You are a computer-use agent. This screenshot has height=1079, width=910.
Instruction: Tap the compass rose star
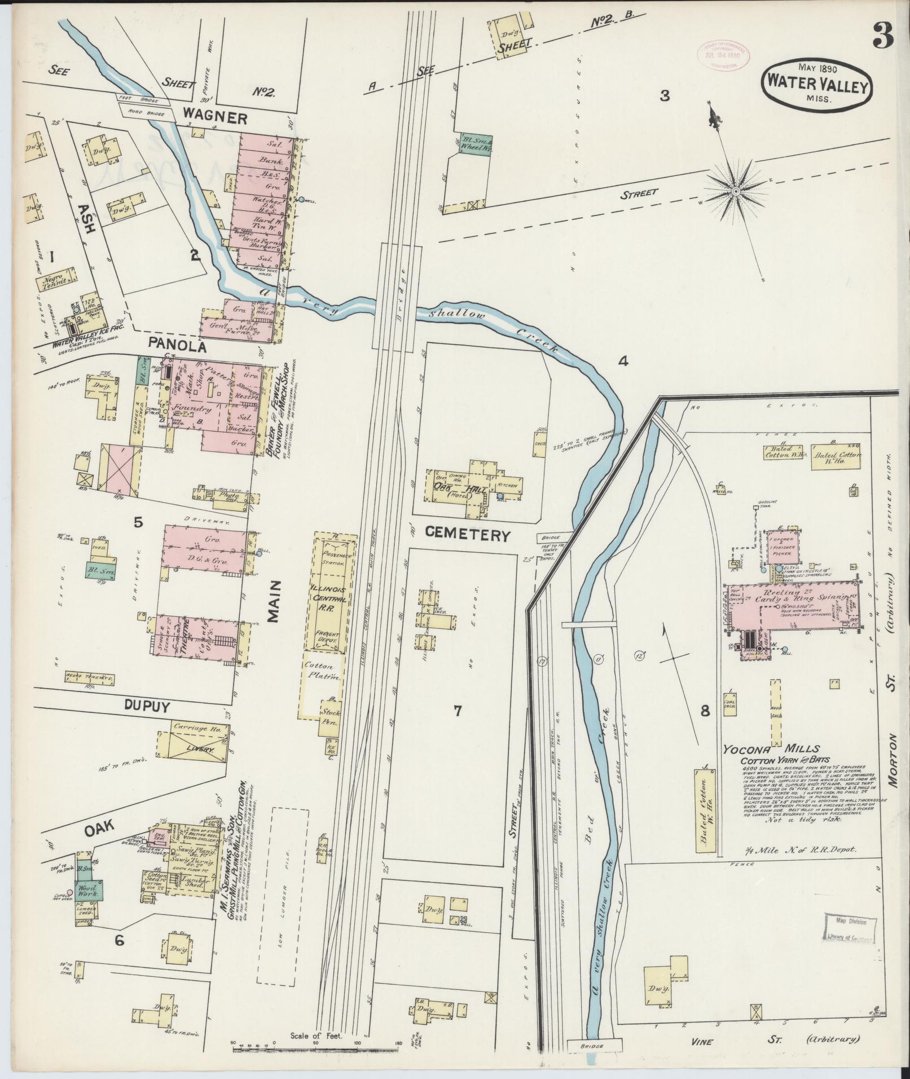point(736,192)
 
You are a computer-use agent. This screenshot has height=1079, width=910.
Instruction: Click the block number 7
point(458,711)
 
